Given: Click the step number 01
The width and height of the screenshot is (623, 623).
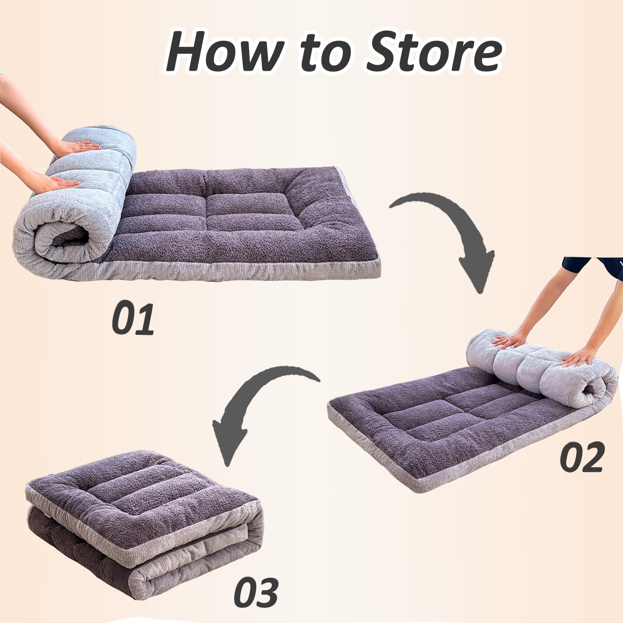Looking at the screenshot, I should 133,319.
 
